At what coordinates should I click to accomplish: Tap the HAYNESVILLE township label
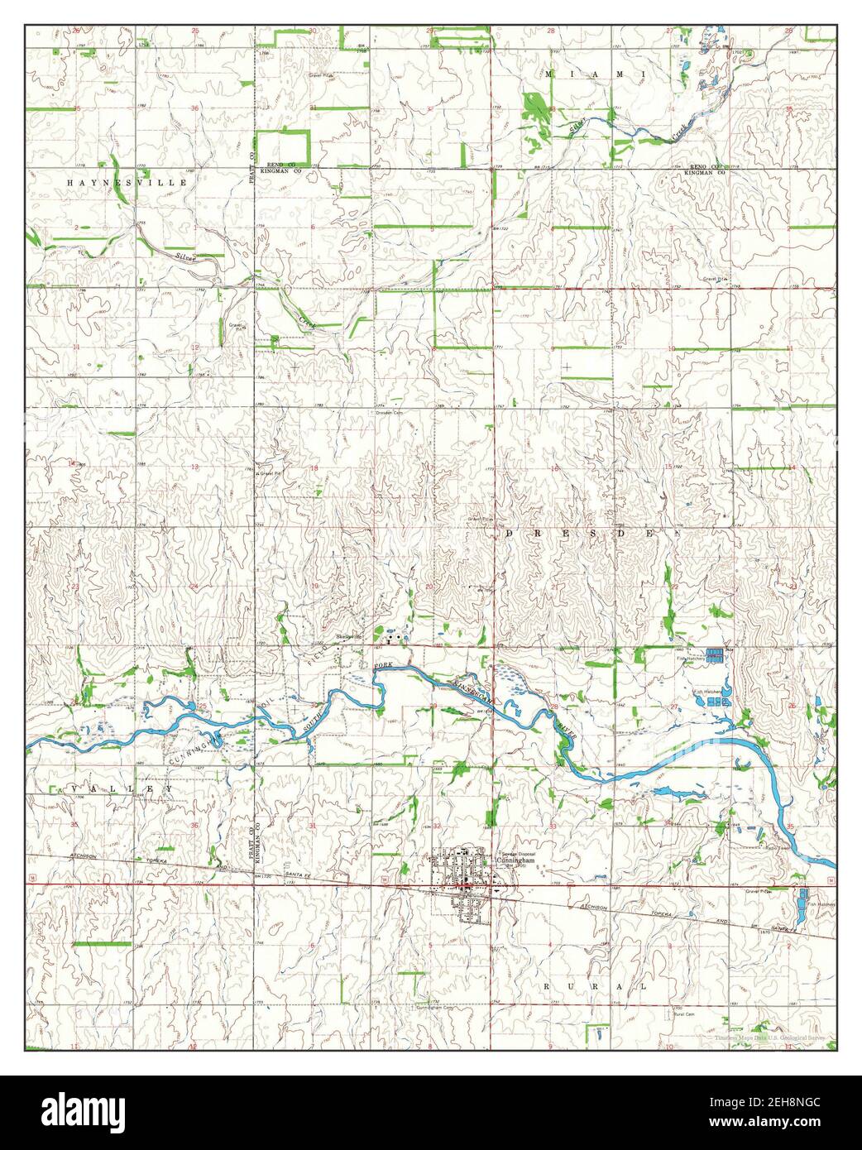coord(127,181)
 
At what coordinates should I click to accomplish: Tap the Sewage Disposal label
coord(515,853)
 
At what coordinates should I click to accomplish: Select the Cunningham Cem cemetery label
coord(436,1009)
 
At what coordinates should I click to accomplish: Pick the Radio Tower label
coord(778,847)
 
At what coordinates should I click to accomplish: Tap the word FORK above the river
coord(381,665)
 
